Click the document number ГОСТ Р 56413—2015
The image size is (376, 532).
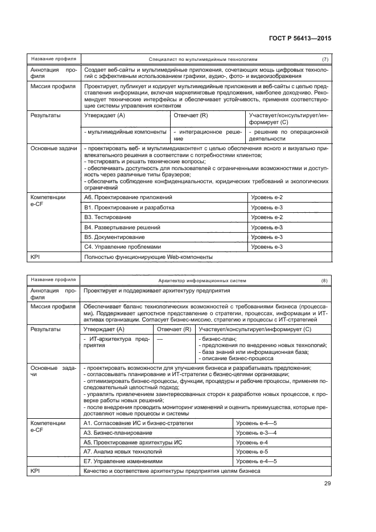pyautogui.click(x=300, y=39)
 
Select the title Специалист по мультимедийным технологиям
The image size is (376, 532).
pyautogui.click(x=203, y=59)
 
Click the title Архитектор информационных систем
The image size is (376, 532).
pyautogui.click(x=203, y=281)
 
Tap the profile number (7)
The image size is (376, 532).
pyautogui.click(x=325, y=59)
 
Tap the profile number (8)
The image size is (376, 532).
pyautogui.click(x=325, y=281)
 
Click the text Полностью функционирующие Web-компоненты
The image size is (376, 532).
pyautogui.click(x=148, y=257)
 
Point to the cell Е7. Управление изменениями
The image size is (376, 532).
pyautogui.click(x=123, y=461)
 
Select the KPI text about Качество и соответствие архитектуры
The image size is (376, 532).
pyautogui.click(x=172, y=471)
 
